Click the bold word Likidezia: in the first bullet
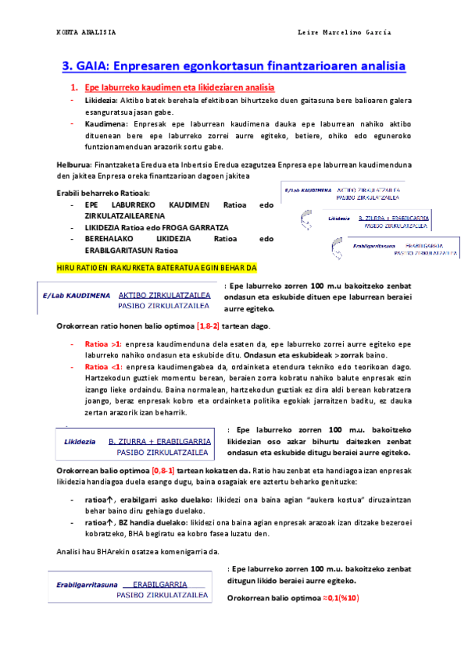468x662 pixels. [x=102, y=101]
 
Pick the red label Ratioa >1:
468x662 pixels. [x=103, y=343]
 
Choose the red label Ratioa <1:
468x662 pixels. [x=103, y=366]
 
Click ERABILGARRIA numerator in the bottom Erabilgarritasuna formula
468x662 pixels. [x=160, y=584]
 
